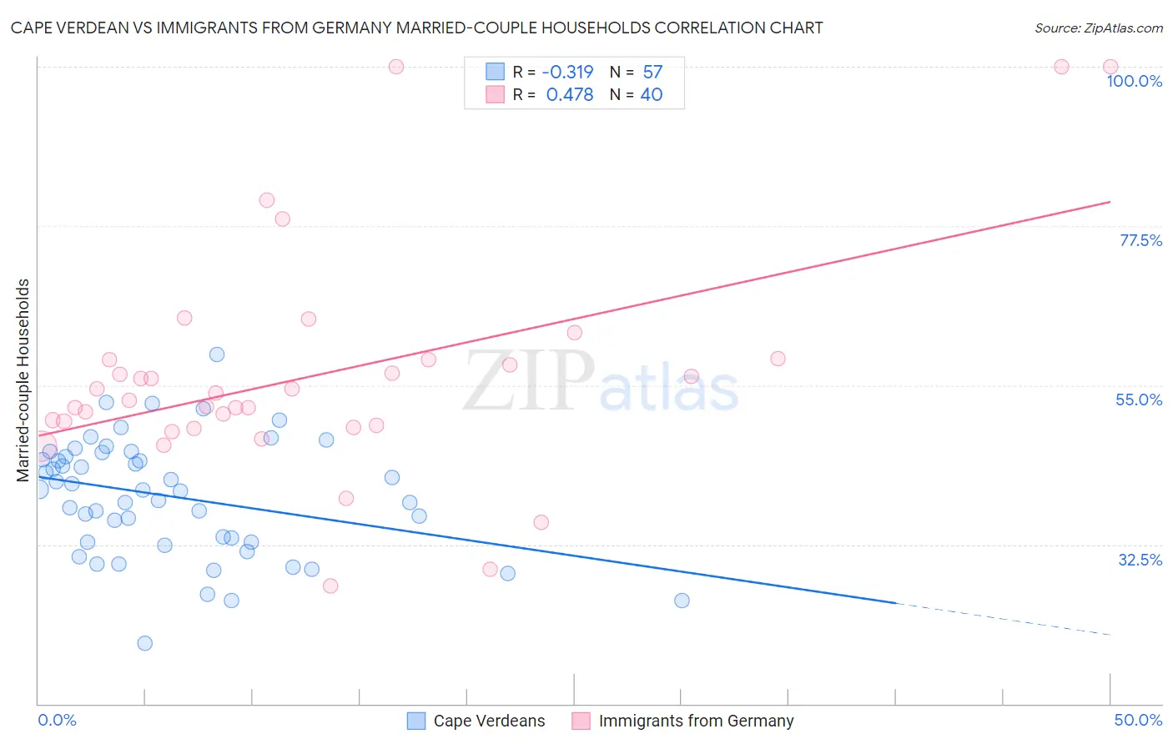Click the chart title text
point(416,28)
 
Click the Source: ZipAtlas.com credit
point(1098,28)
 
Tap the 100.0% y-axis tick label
point(1134,81)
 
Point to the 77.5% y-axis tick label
point(1140,240)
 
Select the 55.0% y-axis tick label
point(1138,400)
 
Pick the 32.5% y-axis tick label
point(1140,560)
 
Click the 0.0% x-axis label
point(57,720)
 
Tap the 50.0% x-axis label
point(1137,720)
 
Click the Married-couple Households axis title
point(23,380)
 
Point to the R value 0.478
point(569,95)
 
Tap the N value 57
point(652,73)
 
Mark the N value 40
point(652,95)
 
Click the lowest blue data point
point(144,643)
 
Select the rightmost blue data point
point(682,601)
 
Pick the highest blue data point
point(217,354)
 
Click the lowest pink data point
point(330,586)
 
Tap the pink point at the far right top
point(1110,67)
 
